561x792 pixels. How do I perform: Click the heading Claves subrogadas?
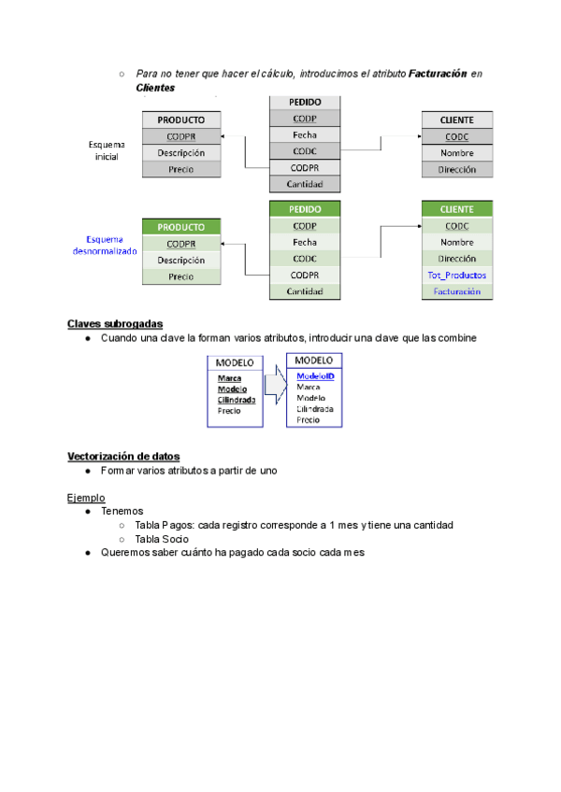[115, 324]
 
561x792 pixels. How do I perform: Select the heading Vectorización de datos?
[122, 456]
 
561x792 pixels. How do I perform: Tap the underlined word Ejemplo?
[86, 498]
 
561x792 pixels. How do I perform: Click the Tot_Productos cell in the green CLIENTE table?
[456, 275]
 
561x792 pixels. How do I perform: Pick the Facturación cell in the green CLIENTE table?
[456, 291]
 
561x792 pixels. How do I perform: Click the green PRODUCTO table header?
[180, 227]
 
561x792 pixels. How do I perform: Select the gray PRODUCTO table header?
[180, 120]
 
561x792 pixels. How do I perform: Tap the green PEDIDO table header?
[305, 209]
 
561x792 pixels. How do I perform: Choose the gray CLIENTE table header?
[456, 120]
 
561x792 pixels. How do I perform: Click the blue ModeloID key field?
[315, 375]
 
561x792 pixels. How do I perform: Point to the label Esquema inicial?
[107, 149]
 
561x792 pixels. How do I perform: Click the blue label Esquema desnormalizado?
[105, 245]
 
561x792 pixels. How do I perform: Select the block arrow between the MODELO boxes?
[274, 385]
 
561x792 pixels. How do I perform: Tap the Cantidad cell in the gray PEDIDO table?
[305, 184]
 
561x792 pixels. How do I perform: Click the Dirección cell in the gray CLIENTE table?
[456, 170]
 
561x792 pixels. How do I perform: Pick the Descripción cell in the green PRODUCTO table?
[180, 261]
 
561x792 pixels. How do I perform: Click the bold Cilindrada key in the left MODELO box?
[237, 400]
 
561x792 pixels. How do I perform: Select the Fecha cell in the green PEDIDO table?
[305, 242]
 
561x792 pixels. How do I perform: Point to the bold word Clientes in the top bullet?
[155, 88]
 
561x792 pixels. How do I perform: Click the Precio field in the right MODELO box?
[308, 419]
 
